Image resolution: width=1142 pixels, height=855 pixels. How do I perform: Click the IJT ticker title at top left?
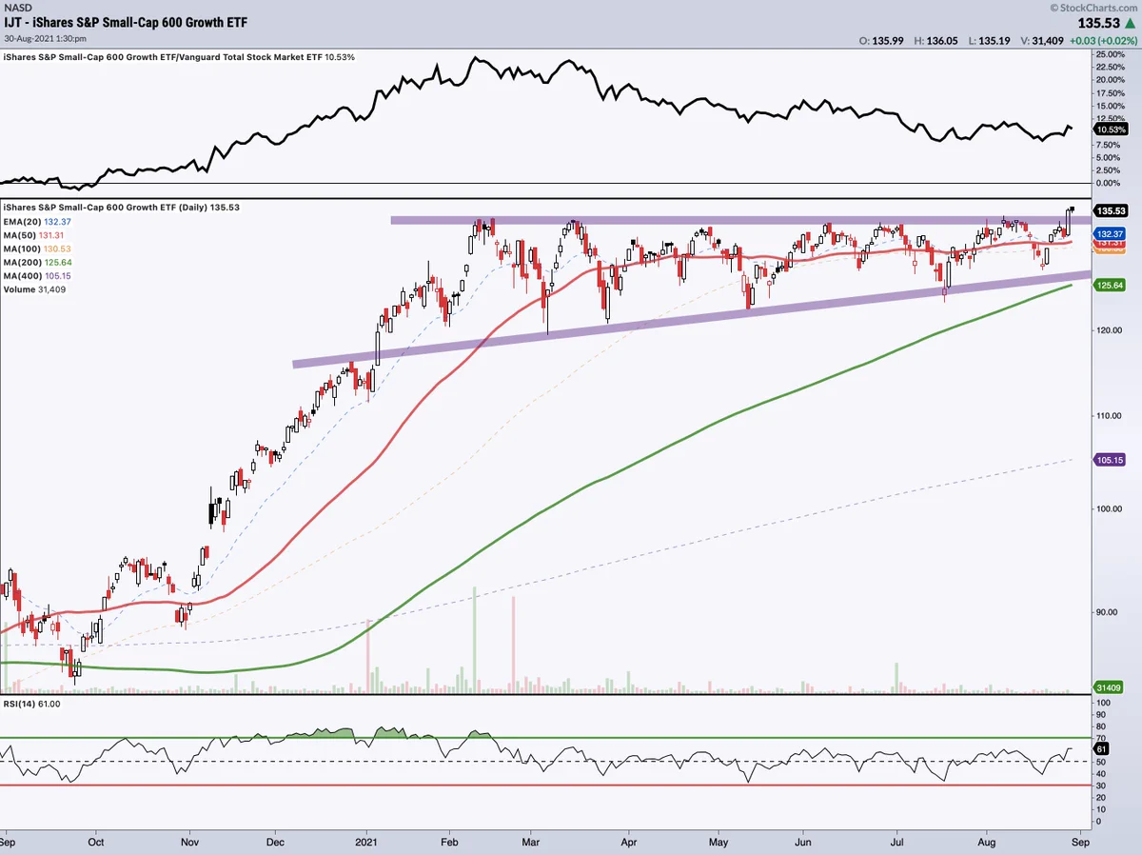(126, 23)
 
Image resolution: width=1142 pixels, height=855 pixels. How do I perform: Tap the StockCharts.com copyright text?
(1093, 8)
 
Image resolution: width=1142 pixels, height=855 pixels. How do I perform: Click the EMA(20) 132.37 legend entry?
(37, 222)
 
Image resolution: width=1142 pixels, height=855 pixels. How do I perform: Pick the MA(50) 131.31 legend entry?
(33, 235)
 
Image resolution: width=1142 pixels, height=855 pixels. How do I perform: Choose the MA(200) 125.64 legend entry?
(37, 262)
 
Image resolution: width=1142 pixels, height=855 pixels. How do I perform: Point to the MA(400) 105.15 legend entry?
(37, 276)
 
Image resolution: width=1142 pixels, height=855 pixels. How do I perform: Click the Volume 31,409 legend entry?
(34, 289)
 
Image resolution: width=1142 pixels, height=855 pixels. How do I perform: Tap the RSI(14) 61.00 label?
(31, 704)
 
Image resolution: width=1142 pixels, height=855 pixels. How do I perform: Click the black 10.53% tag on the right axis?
(1111, 129)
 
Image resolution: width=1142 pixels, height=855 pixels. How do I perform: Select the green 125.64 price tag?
(1110, 286)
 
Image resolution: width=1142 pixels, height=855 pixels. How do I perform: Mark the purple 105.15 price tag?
(1110, 460)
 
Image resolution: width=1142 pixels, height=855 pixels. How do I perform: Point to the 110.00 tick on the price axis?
(1109, 416)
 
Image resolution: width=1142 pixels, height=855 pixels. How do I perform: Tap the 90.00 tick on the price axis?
(1106, 612)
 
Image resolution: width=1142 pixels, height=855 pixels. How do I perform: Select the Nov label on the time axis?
(190, 842)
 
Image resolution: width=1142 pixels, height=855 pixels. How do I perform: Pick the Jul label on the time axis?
(897, 842)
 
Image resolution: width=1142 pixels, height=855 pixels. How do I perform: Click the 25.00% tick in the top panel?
(1111, 54)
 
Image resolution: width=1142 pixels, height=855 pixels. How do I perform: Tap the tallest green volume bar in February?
(475, 640)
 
